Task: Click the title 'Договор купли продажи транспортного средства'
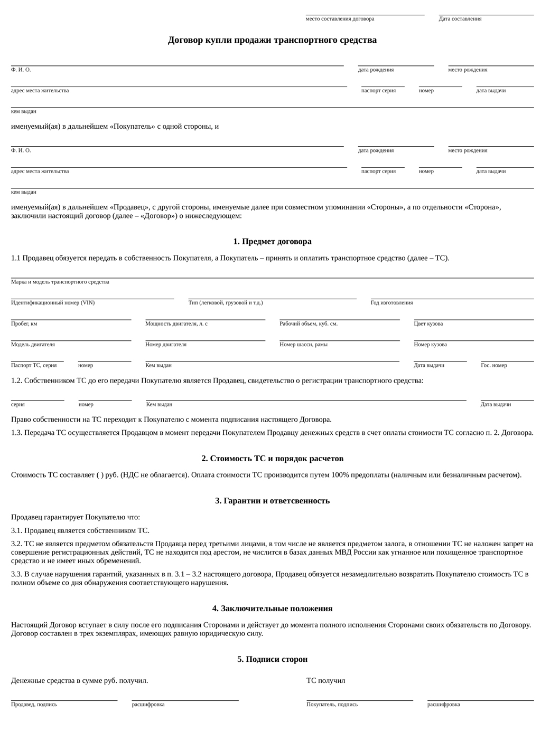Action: (x=272, y=40)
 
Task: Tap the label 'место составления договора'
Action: (x=340, y=19)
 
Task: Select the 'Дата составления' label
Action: (x=460, y=19)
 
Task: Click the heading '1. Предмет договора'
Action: (x=272, y=241)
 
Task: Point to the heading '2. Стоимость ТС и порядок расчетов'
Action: (x=272, y=459)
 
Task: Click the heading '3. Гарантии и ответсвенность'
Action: (x=272, y=501)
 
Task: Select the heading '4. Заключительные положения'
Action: (x=272, y=608)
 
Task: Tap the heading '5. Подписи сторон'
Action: (x=272, y=659)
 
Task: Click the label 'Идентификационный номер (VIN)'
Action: (x=53, y=303)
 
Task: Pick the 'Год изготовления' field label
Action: (x=391, y=303)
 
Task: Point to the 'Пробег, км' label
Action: (x=24, y=324)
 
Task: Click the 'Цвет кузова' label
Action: (x=428, y=324)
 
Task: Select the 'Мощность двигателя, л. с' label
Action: (x=176, y=324)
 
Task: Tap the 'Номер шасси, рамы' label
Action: (x=303, y=345)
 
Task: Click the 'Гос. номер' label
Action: (x=493, y=365)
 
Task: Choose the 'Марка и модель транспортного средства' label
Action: (x=60, y=282)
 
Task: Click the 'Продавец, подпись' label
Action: (x=34, y=705)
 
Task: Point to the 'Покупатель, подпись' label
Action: (x=332, y=705)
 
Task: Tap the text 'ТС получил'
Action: (x=325, y=681)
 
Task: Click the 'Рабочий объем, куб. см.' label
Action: (x=309, y=324)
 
